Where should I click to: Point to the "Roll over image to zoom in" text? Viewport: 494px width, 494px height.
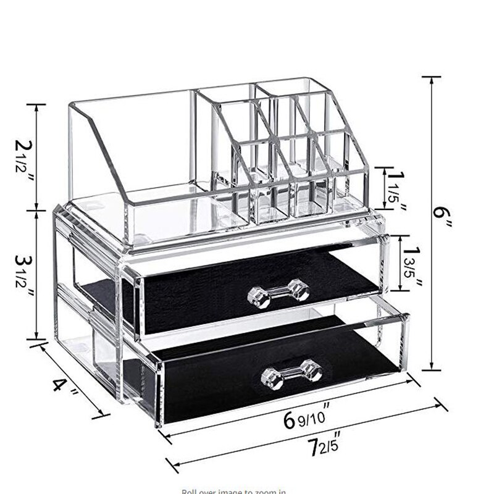point(234,491)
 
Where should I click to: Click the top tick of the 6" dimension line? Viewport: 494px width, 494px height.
point(432,77)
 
